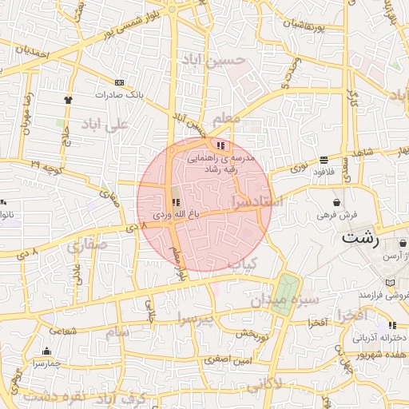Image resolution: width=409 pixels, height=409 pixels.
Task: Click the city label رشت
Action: click(359, 237)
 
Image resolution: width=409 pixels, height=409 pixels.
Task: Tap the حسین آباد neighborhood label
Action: click(210, 60)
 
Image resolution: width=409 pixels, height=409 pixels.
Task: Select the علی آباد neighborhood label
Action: click(105, 125)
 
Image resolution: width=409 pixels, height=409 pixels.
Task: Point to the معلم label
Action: click(228, 118)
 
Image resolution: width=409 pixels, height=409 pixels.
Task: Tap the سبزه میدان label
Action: click(285, 301)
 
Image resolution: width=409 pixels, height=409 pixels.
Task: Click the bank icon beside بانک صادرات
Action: click(120, 82)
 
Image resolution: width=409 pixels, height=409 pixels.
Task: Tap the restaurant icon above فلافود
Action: click(324, 159)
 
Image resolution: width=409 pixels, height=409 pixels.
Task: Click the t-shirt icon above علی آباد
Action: click(68, 101)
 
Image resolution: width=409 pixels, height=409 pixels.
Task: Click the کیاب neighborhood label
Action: click(240, 263)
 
